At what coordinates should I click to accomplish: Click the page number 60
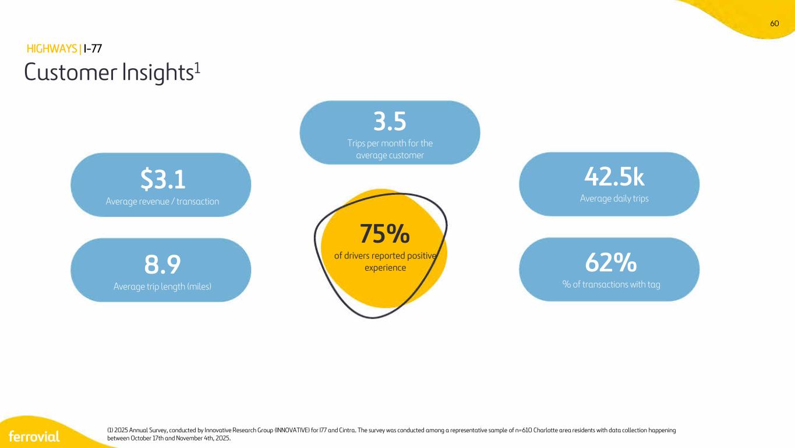point(775,23)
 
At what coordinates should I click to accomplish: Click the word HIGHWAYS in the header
point(52,49)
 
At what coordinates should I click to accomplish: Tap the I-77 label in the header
point(93,49)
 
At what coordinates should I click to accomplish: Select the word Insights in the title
point(157,72)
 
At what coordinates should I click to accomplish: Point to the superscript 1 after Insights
point(197,67)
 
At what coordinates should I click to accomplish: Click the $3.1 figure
point(162,179)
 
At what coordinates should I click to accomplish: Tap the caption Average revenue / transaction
point(162,201)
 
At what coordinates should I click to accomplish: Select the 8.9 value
point(162,264)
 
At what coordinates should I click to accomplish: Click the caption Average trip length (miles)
point(162,286)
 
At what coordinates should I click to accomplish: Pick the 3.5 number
point(390,121)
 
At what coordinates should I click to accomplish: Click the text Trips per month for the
point(390,143)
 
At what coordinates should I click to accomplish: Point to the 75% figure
point(385,233)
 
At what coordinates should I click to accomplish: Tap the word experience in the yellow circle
point(385,268)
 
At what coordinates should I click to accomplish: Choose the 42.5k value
point(614,177)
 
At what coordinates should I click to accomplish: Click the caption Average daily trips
point(614,198)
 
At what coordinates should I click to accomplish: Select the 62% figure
point(611,262)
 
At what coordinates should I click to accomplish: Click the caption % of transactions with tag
point(611,285)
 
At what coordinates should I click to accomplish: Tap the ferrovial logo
point(34,436)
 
